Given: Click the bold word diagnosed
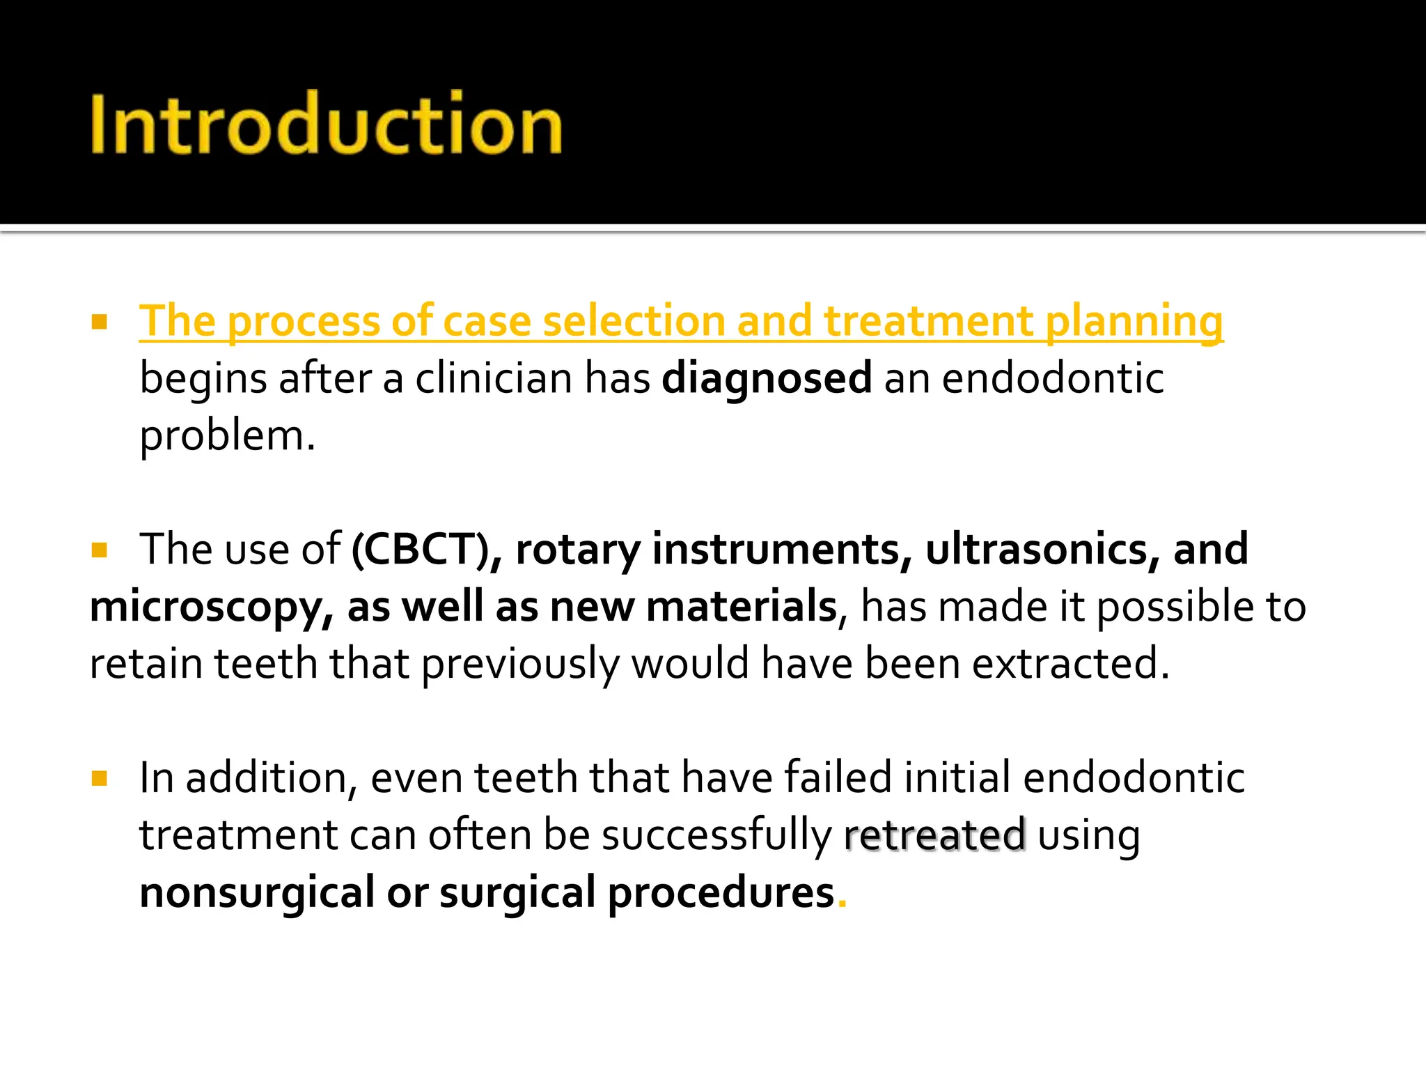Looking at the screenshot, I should click(x=767, y=378).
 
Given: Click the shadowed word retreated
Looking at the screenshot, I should click(x=934, y=835).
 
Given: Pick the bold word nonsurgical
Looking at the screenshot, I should click(x=257, y=892).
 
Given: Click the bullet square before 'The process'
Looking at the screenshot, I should click(x=99, y=322).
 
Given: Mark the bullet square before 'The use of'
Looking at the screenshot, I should click(x=99, y=550).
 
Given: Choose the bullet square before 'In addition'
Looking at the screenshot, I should click(x=99, y=778).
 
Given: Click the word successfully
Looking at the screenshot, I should click(x=716, y=835).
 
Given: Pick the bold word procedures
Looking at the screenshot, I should click(x=721, y=894).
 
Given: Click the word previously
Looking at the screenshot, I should click(x=519, y=663).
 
